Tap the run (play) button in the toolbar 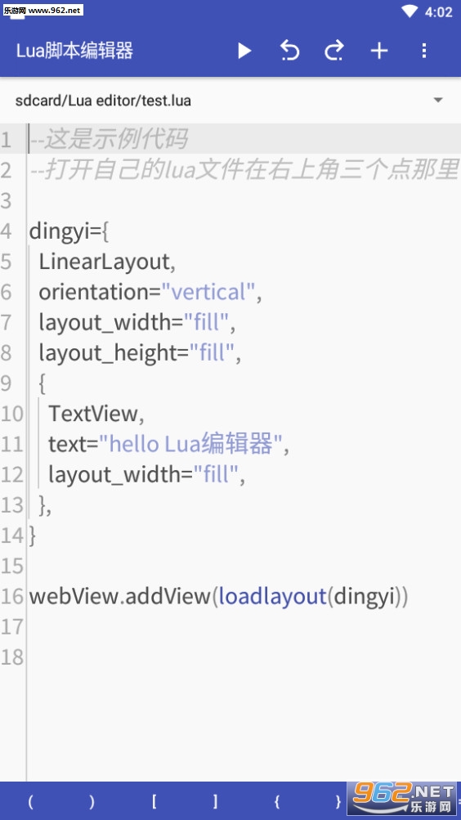[244, 51]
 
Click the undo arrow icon [289, 51]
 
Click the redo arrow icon [334, 51]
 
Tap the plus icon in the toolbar [379, 51]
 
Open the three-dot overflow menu [424, 51]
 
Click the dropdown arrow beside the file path [438, 100]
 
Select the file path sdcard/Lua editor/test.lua [103, 101]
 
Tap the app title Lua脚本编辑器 [74, 52]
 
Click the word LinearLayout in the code [105, 262]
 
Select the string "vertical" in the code [208, 292]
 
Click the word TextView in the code [93, 414]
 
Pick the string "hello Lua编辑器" [190, 444]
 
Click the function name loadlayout [272, 596]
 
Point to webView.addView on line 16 [119, 596]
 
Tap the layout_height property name [107, 353]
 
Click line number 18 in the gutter [12, 657]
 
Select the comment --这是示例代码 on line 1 [108, 140]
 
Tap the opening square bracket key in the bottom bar [154, 801]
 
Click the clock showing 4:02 [439, 12]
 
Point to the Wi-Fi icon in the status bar [410, 11]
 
